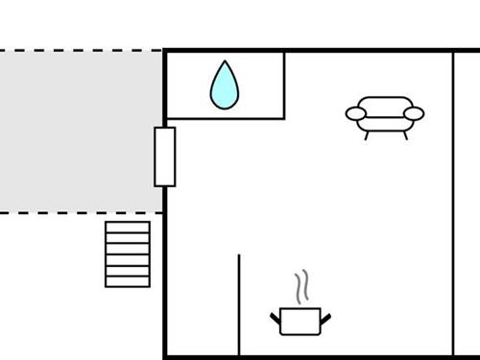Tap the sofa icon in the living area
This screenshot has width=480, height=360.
[385, 113]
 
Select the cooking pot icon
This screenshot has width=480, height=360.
[301, 321]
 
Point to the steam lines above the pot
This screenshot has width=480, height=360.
[302, 285]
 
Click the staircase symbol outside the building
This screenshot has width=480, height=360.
[128, 253]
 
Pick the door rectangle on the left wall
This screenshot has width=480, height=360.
[165, 156]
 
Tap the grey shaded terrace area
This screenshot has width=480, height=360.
[81, 132]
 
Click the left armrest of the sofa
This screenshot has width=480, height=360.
[356, 114]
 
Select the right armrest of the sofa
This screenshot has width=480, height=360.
[414, 114]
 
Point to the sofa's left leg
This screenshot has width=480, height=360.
[367, 135]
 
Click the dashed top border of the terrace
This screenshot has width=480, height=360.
[81, 51]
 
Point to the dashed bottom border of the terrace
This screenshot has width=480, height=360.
[81, 212]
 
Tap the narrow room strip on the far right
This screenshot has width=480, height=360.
[467, 202]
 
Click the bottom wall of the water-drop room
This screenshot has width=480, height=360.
[226, 118]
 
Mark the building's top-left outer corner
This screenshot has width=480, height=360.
[166, 52]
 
